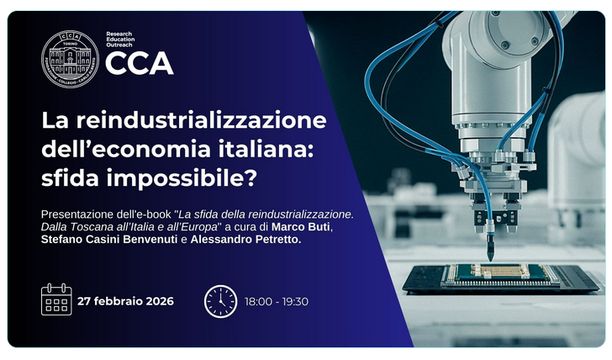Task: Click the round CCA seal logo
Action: pos(69,59)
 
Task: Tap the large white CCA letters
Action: pos(140,63)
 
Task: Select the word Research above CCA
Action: pos(119,34)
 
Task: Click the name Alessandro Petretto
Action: pos(245,241)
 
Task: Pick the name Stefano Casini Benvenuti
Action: pos(109,241)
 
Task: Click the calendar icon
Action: pos(56,300)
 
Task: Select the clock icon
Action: pos(220,301)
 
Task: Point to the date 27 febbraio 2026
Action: pos(125,301)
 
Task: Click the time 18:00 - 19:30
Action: pos(277,301)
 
